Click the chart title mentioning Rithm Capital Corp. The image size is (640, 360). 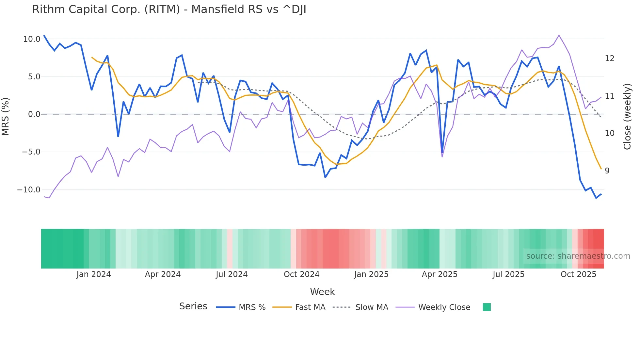169,9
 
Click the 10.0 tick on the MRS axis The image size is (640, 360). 32,39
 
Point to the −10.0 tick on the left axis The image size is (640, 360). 29,190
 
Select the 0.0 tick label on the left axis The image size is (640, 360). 34,114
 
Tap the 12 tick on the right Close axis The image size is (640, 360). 610,58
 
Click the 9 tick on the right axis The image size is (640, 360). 607,171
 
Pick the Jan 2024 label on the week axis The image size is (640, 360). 94,274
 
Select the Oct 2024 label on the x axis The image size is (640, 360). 301,274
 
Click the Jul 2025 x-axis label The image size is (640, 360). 508,274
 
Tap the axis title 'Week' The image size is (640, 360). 322,292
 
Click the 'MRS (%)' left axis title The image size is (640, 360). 6,117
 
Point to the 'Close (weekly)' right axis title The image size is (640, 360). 627,117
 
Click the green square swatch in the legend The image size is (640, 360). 487,307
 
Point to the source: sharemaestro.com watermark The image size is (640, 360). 578,256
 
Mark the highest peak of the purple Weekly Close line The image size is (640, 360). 559,35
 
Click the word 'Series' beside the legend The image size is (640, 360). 193,306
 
